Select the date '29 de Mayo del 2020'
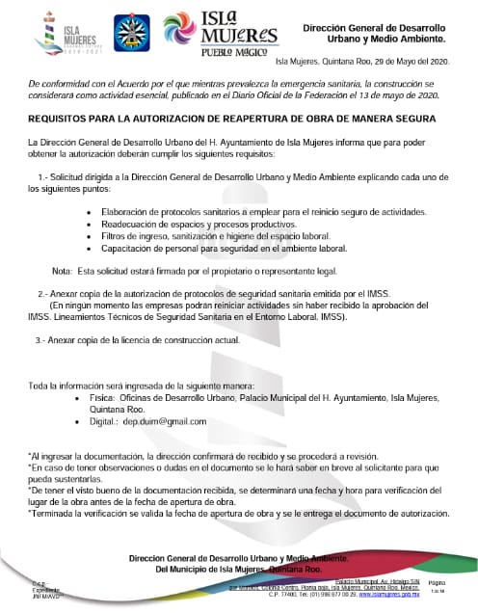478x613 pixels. coord(398,61)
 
